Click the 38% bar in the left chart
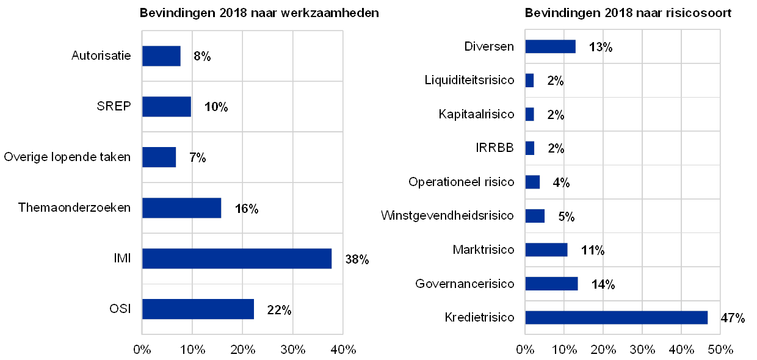[x=237, y=259]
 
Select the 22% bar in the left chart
[x=198, y=309]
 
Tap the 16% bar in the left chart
[x=182, y=208]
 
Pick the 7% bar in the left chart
[x=159, y=157]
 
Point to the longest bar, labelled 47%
[x=617, y=317]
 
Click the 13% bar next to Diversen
[x=550, y=46]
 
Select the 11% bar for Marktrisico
[x=546, y=250]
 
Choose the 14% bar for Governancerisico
[x=551, y=284]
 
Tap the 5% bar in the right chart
[x=535, y=216]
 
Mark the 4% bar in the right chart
[x=532, y=182]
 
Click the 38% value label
[x=357, y=259]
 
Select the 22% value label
[x=278, y=310]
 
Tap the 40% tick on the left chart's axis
[x=343, y=350]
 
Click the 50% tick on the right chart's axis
[x=720, y=350]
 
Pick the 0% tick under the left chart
[x=142, y=350]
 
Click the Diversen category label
[x=489, y=46]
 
